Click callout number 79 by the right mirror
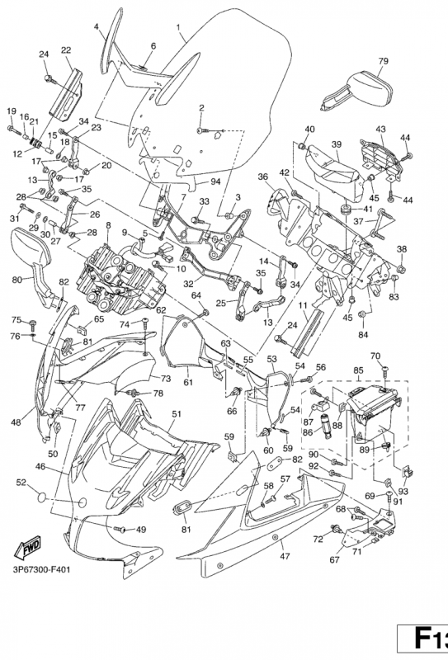pyautogui.click(x=383, y=60)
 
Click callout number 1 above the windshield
pyautogui.click(x=180, y=26)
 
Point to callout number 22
pyautogui.click(x=65, y=50)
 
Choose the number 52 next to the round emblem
pyautogui.click(x=21, y=482)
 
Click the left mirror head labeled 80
pyautogui.click(x=28, y=247)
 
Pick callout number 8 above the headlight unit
pyautogui.click(x=107, y=224)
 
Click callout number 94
pyautogui.click(x=215, y=181)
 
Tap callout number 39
pyautogui.click(x=336, y=144)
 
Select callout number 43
pyautogui.click(x=380, y=129)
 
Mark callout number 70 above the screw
pyautogui.click(x=375, y=356)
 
